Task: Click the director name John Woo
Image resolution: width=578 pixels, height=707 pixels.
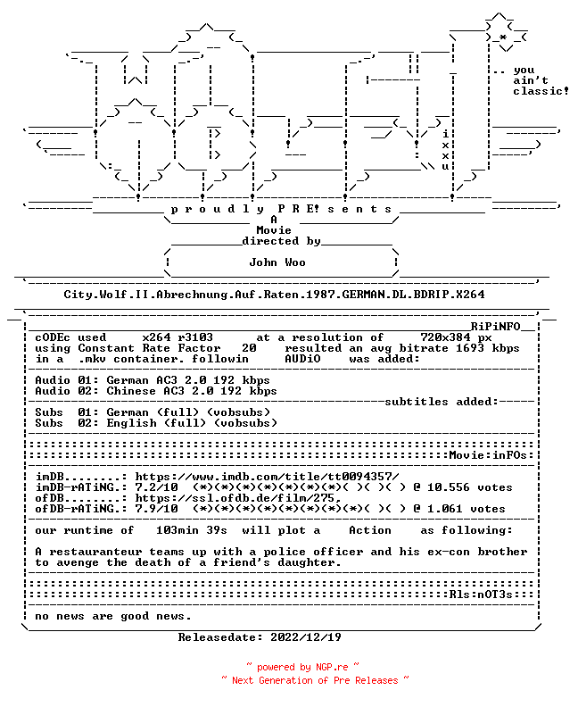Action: (x=277, y=262)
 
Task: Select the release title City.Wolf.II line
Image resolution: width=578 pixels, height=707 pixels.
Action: (x=274, y=295)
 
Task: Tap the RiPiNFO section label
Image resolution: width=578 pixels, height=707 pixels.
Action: (x=496, y=327)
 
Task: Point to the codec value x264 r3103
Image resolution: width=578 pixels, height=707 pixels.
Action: (x=178, y=337)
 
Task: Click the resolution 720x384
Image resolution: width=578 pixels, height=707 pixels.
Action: (x=446, y=337)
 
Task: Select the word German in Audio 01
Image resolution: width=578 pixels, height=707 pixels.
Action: (x=128, y=380)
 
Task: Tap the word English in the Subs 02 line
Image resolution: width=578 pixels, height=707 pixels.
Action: (x=131, y=423)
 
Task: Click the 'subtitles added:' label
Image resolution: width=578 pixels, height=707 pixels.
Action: (x=442, y=402)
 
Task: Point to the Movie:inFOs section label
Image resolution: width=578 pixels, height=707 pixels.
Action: (x=488, y=455)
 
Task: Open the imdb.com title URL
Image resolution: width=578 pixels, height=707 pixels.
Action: (x=268, y=477)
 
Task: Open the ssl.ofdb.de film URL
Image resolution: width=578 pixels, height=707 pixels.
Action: (x=238, y=498)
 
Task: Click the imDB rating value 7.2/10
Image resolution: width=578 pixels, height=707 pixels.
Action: (x=156, y=487)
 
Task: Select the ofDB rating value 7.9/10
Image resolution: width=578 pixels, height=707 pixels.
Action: (x=156, y=509)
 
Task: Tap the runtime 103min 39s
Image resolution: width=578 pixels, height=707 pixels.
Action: (x=192, y=530)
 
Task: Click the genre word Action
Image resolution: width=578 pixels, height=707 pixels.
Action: (x=370, y=530)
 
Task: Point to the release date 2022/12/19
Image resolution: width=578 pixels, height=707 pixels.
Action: (x=306, y=637)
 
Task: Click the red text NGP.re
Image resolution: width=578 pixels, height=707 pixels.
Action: (x=332, y=668)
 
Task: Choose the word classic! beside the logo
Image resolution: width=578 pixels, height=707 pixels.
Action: (x=541, y=91)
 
